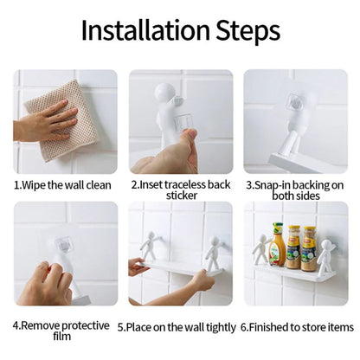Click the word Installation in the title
pos(145,30)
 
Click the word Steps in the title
pos(247,30)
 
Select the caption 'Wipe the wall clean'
pos(66,185)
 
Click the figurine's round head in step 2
pos(164,92)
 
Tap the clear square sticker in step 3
pos(295,101)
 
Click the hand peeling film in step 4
pos(45,284)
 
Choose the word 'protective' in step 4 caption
pos(86,325)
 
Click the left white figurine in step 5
pos(150,246)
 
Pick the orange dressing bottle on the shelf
pos(277,244)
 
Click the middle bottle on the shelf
pos(293,247)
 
